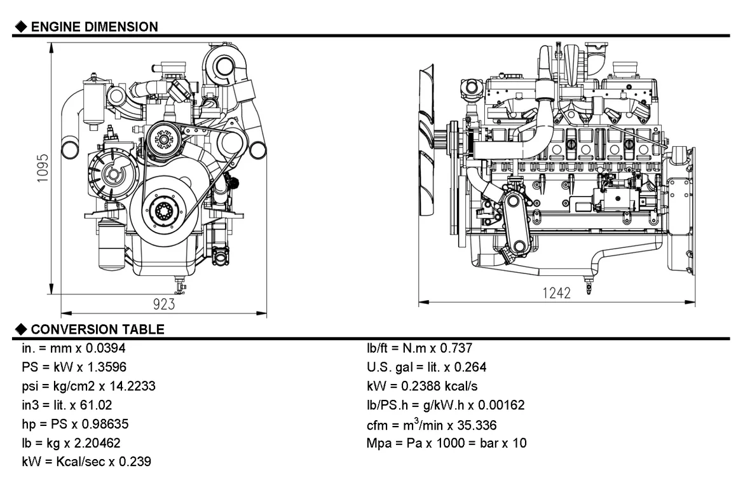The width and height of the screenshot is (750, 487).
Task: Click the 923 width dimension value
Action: (x=163, y=305)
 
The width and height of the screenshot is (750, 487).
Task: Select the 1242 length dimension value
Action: (x=556, y=292)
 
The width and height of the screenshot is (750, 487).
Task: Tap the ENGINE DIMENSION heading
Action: (x=94, y=27)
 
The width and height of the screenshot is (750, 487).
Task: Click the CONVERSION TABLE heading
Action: (x=97, y=329)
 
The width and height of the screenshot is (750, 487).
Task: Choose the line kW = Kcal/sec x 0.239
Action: (x=86, y=462)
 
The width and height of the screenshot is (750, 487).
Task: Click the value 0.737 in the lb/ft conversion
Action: (x=454, y=348)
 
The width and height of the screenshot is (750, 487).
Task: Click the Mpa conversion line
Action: (x=446, y=443)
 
